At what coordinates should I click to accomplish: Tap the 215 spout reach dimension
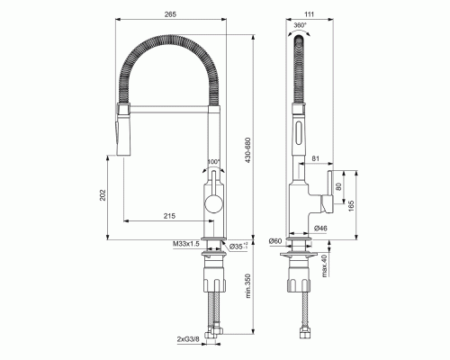point(170,217)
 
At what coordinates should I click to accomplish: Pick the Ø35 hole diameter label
point(236,245)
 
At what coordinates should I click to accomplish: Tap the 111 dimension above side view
point(310,13)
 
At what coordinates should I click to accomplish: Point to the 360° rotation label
point(301,30)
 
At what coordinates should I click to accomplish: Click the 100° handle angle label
point(213,163)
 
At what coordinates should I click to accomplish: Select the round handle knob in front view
point(213,202)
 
